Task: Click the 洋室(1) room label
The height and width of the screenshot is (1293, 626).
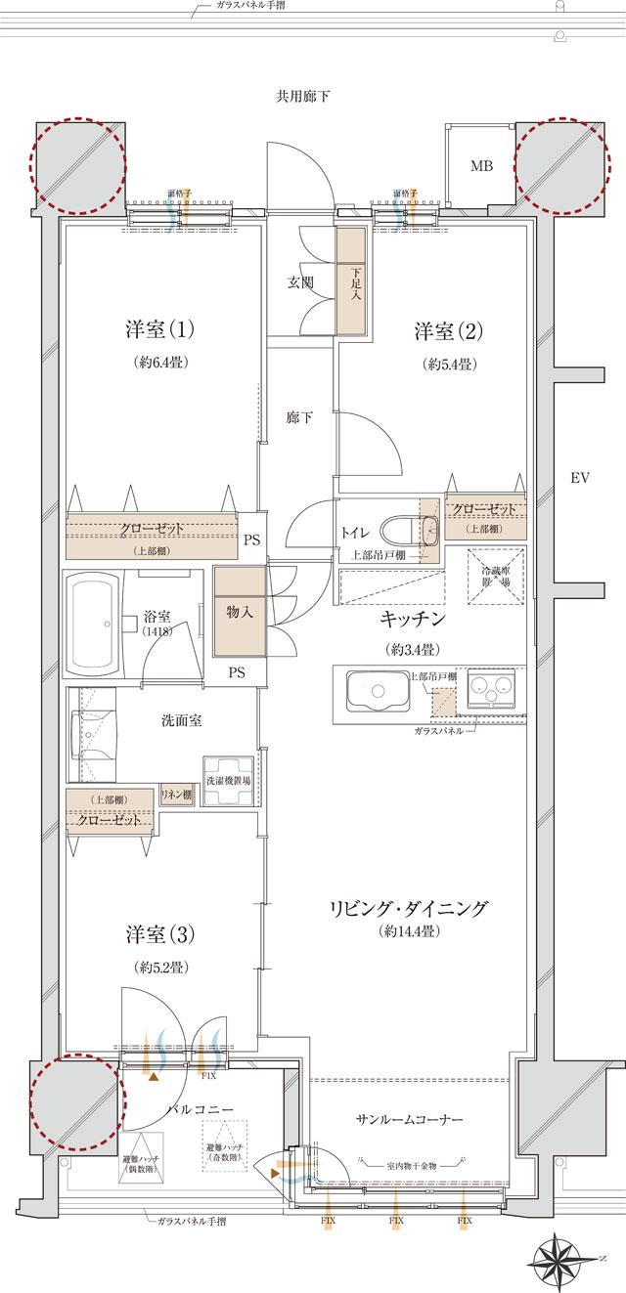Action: coord(160,330)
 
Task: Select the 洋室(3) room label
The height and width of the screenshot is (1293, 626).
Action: coord(160,933)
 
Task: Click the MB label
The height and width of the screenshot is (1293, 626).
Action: coord(481,166)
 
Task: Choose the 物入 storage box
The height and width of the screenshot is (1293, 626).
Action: coord(240,613)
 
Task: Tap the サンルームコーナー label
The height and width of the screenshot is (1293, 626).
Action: coord(409,1118)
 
